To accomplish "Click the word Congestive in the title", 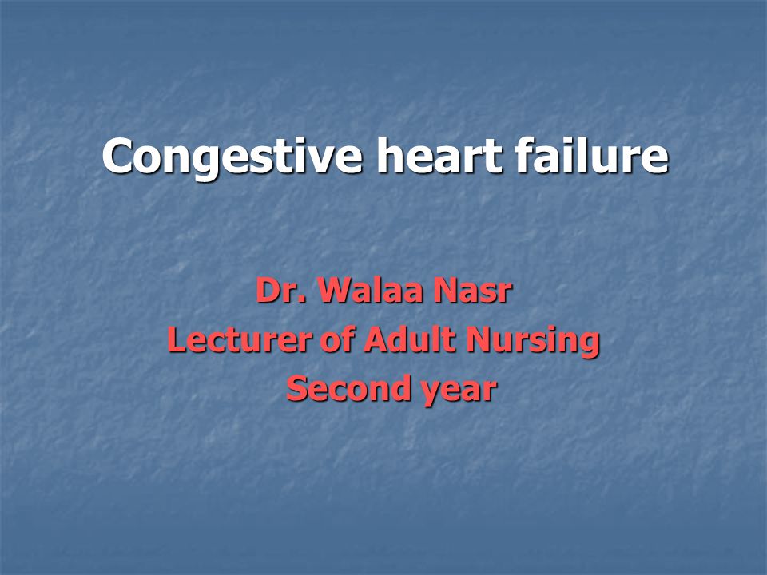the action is tap(232, 157).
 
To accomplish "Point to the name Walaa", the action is tap(370, 291).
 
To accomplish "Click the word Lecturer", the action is tap(240, 339).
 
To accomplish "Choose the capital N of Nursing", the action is tap(478, 339).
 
